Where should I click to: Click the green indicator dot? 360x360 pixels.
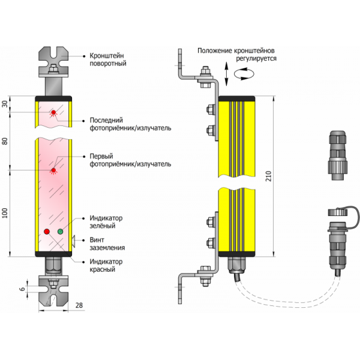coord(60,231)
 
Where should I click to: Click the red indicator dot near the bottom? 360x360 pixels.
coord(47,232)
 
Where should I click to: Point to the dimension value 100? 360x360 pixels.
coord(5,213)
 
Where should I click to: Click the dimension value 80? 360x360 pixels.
coord(5,142)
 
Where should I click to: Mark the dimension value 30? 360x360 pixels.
coord(5,104)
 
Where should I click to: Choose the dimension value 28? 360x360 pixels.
coord(79,307)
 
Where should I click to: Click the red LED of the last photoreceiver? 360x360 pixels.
coord(53,112)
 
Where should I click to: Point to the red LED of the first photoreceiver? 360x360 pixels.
coord(53,170)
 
